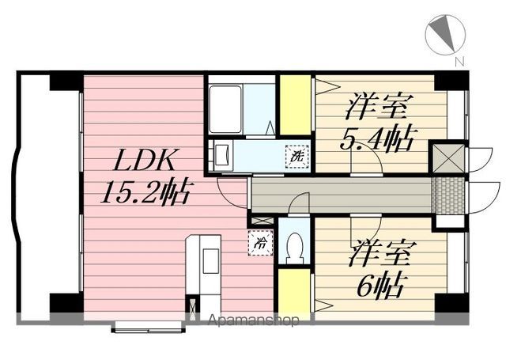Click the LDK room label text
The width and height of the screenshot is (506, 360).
point(143,160)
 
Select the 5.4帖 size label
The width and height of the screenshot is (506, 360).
point(377,139)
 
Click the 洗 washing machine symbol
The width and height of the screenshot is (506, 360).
point(297,157)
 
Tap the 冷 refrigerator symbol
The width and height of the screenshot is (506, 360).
point(260,242)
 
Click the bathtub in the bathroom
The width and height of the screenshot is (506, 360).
point(225,109)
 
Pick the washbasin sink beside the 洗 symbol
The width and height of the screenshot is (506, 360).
point(222,155)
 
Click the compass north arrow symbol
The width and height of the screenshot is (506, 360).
point(445,34)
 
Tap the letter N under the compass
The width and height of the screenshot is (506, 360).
point(459,62)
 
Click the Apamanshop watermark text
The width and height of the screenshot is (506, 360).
point(253,320)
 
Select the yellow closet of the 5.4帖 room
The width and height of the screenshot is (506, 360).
point(295,105)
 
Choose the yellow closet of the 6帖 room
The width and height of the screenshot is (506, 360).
point(294,290)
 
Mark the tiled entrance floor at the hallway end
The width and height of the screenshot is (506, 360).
point(448,195)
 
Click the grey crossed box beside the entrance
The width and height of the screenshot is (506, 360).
point(448,158)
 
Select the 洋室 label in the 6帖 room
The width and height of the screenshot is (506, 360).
point(379,253)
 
